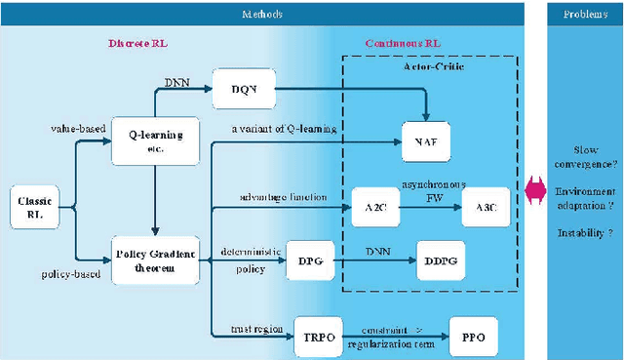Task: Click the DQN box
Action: (x=243, y=89)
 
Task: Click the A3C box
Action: (x=484, y=206)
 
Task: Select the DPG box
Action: (x=311, y=260)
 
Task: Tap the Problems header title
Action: (x=584, y=14)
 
